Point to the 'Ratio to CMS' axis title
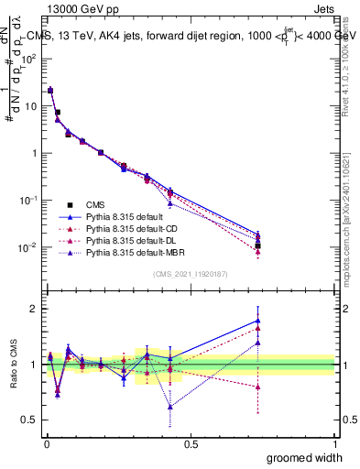[x=13, y=365]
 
